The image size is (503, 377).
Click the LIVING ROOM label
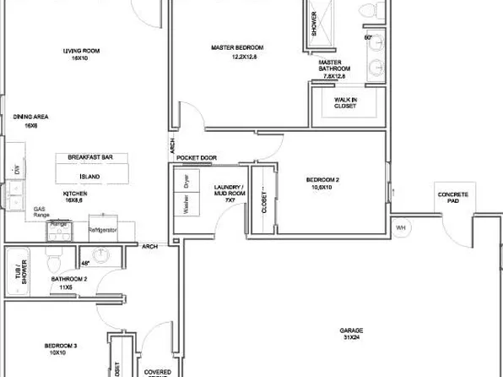(x=81, y=51)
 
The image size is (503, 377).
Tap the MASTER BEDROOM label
(x=237, y=47)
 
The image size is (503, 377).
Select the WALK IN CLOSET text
(x=345, y=103)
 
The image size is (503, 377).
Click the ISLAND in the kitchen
(x=89, y=177)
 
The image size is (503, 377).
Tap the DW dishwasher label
(x=16, y=170)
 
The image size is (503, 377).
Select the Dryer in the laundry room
(x=186, y=180)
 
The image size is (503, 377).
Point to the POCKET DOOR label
(x=196, y=158)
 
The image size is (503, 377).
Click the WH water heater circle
(x=401, y=227)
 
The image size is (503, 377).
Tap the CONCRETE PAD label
(x=452, y=199)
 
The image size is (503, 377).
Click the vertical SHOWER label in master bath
(x=314, y=26)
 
